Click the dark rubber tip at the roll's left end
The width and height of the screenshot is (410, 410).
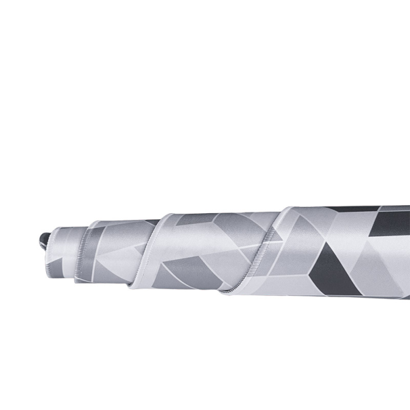(44, 238)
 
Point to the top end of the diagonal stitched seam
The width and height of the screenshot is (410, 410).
(288, 210)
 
